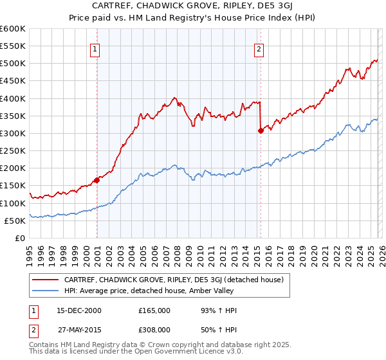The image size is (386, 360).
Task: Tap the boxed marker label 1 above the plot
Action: [x=95, y=48]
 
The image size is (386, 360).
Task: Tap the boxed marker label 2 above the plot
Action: [x=259, y=48]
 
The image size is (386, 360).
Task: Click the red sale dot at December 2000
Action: [x=96, y=180]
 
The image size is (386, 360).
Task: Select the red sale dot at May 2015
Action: [x=261, y=130]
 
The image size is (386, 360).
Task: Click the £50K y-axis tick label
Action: [x=15, y=221]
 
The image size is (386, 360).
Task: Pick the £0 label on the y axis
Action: [x=21, y=238]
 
